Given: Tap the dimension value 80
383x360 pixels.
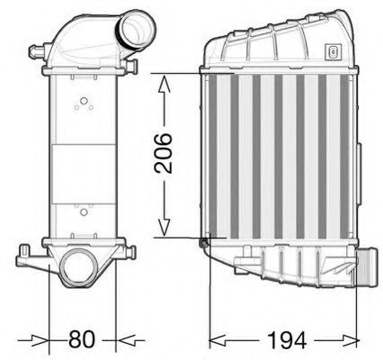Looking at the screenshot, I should [83, 340].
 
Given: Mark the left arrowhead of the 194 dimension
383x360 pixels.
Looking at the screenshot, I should [216, 340].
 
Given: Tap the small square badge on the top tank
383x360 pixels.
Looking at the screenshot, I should [334, 50].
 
